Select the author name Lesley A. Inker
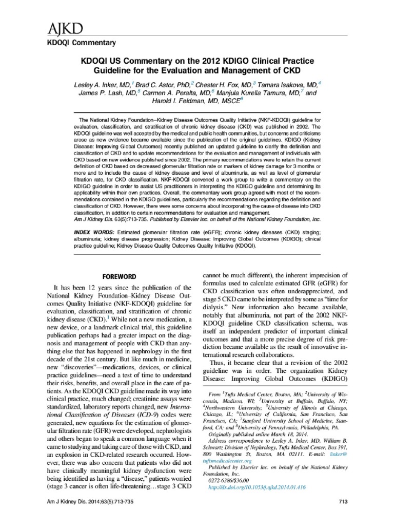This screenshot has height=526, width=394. pyautogui.click(x=102, y=84)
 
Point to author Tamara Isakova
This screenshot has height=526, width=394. pyautogui.click(x=291, y=84)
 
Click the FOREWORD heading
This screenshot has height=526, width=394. pyautogui.click(x=119, y=276)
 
